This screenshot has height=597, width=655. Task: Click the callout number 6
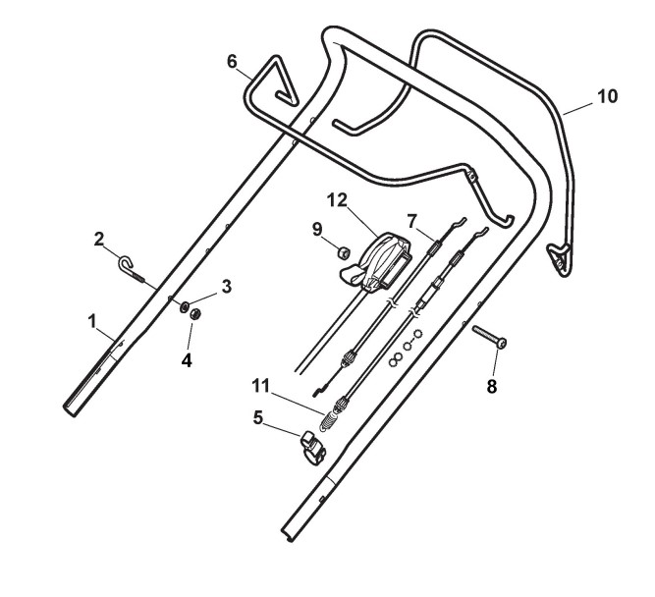(x=232, y=61)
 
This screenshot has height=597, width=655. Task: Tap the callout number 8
(x=492, y=386)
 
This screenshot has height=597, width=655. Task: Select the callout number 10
(x=607, y=96)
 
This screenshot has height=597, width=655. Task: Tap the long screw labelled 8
(x=489, y=337)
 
